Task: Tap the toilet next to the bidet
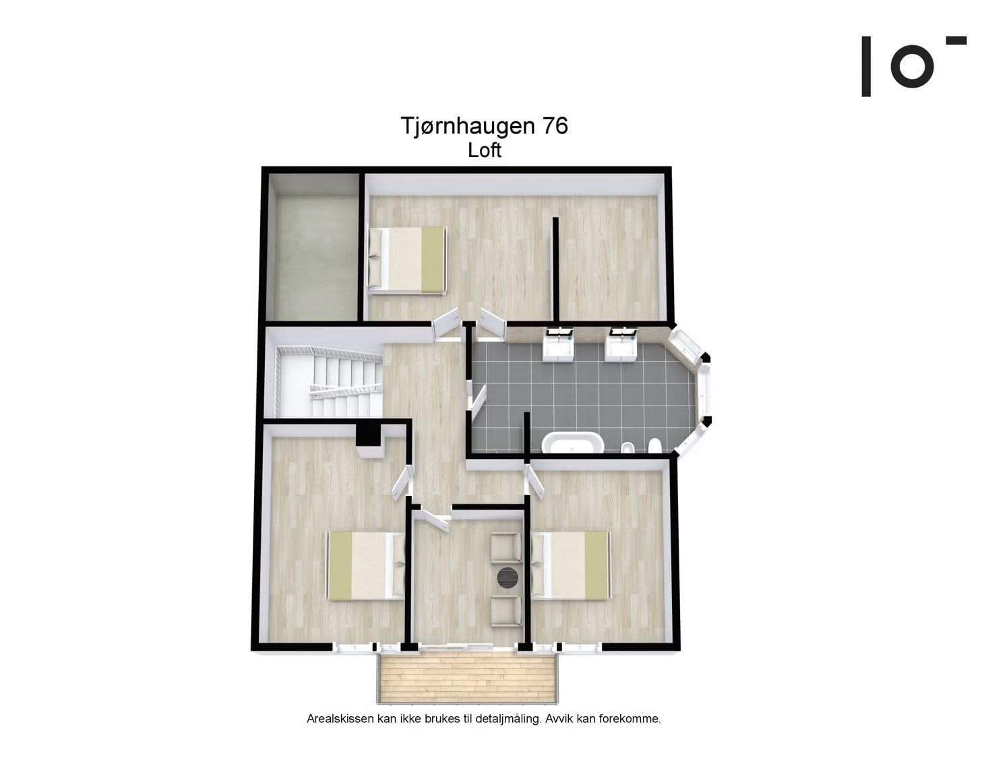click(x=654, y=446)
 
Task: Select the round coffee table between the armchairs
click(x=508, y=577)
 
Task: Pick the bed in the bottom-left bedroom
click(x=365, y=565)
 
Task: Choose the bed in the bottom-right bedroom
click(x=571, y=565)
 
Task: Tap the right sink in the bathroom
click(x=621, y=344)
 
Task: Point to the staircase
click(x=330, y=381)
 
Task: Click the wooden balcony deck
click(x=466, y=677)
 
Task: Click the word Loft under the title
click(x=485, y=150)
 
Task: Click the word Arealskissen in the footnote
click(x=340, y=719)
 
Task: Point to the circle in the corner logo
click(x=913, y=65)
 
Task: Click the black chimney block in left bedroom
click(x=369, y=433)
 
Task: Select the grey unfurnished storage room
click(x=312, y=256)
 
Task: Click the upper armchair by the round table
click(x=506, y=546)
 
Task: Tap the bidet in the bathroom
click(x=627, y=447)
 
